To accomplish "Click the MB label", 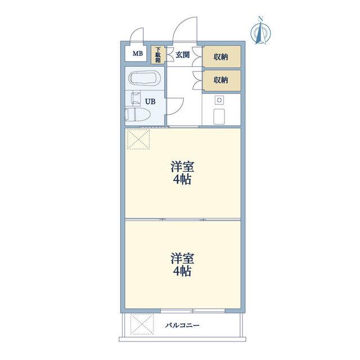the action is coord(138,54).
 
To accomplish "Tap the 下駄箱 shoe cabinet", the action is coord(158,55).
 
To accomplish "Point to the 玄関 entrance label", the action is coord(182,55).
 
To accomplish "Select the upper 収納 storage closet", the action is coord(222,56).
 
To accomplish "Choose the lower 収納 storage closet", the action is coord(222,80).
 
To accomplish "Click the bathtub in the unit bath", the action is coord(144,78).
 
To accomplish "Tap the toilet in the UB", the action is coord(137,114).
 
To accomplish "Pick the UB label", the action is coord(150,101).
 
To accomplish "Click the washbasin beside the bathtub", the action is coord(136,98).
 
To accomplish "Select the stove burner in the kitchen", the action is coord(219,100).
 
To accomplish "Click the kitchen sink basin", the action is coord(219,116).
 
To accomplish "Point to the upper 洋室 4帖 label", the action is coord(182,173).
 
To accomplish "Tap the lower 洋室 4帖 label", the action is coord(182,264).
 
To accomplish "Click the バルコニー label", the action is coord(183,325).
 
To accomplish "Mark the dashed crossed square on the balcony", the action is coord(142,324).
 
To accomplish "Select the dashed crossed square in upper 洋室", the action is coord(138,139).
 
